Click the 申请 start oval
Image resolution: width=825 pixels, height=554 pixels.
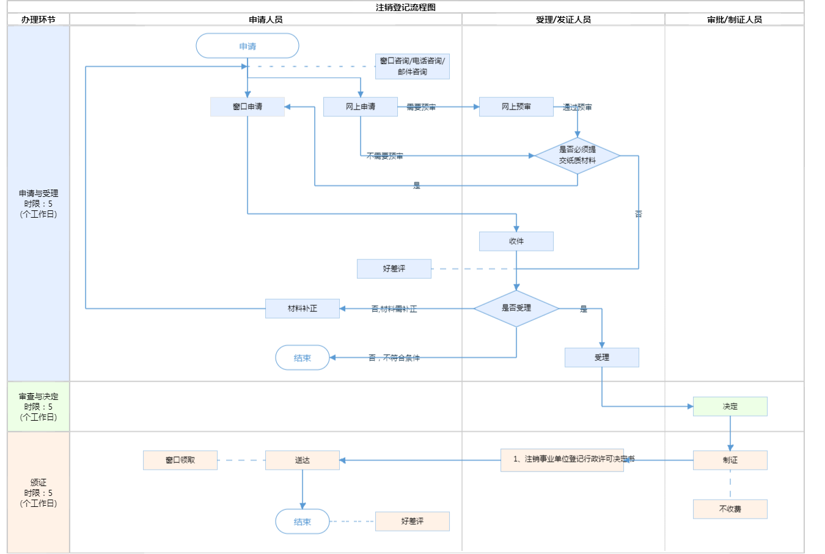click(x=248, y=46)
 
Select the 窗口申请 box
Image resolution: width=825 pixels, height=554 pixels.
click(x=248, y=106)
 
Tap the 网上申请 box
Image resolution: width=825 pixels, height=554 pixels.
click(x=361, y=106)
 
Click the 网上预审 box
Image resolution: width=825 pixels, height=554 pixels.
click(x=516, y=106)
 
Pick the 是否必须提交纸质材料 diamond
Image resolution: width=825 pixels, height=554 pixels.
click(x=577, y=155)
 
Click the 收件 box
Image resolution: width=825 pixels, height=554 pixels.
click(x=516, y=241)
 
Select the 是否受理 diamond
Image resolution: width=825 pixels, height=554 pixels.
click(x=516, y=308)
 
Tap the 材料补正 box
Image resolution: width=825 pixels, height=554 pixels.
click(x=302, y=308)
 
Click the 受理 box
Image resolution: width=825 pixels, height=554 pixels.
click(x=602, y=357)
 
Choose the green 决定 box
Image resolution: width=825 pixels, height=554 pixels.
click(x=730, y=406)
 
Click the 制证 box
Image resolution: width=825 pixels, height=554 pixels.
click(x=730, y=460)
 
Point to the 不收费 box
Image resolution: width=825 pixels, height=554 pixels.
click(x=730, y=509)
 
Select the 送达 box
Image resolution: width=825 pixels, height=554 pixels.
click(x=302, y=460)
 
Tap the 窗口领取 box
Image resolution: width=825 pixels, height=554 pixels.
click(x=180, y=460)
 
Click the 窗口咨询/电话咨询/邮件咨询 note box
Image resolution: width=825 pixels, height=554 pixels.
click(x=413, y=66)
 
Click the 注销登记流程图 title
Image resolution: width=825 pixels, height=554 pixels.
click(x=406, y=7)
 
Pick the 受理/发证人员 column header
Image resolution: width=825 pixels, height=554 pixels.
click(x=563, y=20)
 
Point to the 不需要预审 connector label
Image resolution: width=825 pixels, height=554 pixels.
click(x=385, y=156)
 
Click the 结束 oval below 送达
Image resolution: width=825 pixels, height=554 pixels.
click(x=302, y=522)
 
